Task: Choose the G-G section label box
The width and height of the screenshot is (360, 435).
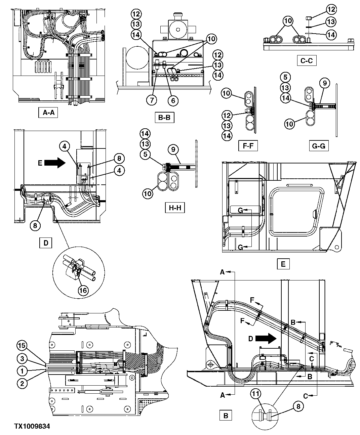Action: [319, 146]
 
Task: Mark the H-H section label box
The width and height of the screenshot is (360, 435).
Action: [174, 208]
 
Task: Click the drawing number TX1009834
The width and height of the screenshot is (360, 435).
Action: [32, 426]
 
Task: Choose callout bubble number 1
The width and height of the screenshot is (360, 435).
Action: [22, 372]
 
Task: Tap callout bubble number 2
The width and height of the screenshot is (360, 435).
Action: [22, 383]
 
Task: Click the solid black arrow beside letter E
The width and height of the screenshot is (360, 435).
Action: [56, 163]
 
